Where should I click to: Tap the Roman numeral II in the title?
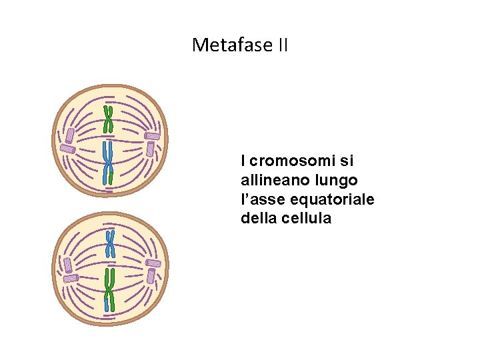pos(283,45)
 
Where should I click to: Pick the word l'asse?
pos(262,199)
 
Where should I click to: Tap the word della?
pos(259,218)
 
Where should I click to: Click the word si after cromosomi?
pos(347,161)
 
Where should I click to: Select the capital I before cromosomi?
pos(244,161)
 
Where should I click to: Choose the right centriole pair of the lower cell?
pos(154,269)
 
